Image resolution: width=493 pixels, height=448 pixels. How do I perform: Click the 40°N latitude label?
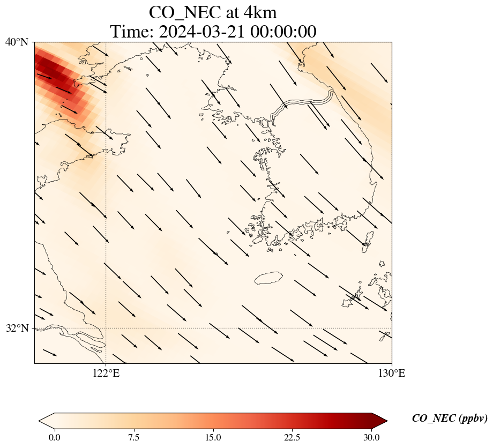click(x=17, y=42)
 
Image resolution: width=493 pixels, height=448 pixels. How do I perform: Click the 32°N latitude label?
click(x=17, y=328)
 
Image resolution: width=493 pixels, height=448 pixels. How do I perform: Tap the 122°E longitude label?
click(x=106, y=374)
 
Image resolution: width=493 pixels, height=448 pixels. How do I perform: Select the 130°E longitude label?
click(x=392, y=374)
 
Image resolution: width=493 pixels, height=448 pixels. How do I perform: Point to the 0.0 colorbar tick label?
click(x=54, y=437)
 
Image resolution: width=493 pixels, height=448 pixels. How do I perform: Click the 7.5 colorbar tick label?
click(x=133, y=437)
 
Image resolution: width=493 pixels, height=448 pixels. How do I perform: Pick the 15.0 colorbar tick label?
click(x=213, y=437)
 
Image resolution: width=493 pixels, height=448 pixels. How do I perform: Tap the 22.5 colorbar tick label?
click(x=292, y=437)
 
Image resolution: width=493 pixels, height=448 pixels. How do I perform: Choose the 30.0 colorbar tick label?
click(x=371, y=437)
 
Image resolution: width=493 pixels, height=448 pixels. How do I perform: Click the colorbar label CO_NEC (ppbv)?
click(x=449, y=419)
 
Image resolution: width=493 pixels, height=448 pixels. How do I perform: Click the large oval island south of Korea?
click(x=268, y=278)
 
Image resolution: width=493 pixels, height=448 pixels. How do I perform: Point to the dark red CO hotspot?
click(x=51, y=70)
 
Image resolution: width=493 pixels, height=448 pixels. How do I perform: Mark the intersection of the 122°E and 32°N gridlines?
click(x=106, y=328)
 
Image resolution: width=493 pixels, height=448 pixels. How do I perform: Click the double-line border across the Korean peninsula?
click(x=303, y=102)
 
